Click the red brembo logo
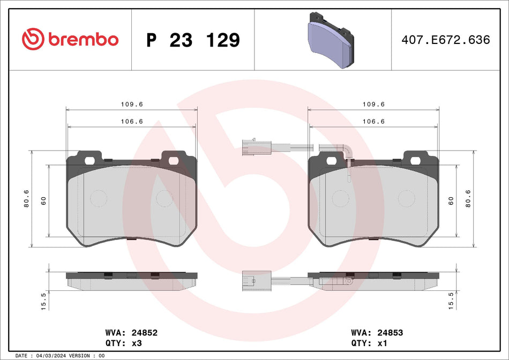[x=70, y=39]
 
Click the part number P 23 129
[x=193, y=40]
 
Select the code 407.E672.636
[x=446, y=40]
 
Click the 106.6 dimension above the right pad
[x=374, y=121]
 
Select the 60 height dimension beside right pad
[x=451, y=201]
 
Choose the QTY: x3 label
[x=123, y=343]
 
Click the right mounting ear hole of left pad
[x=173, y=160]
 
